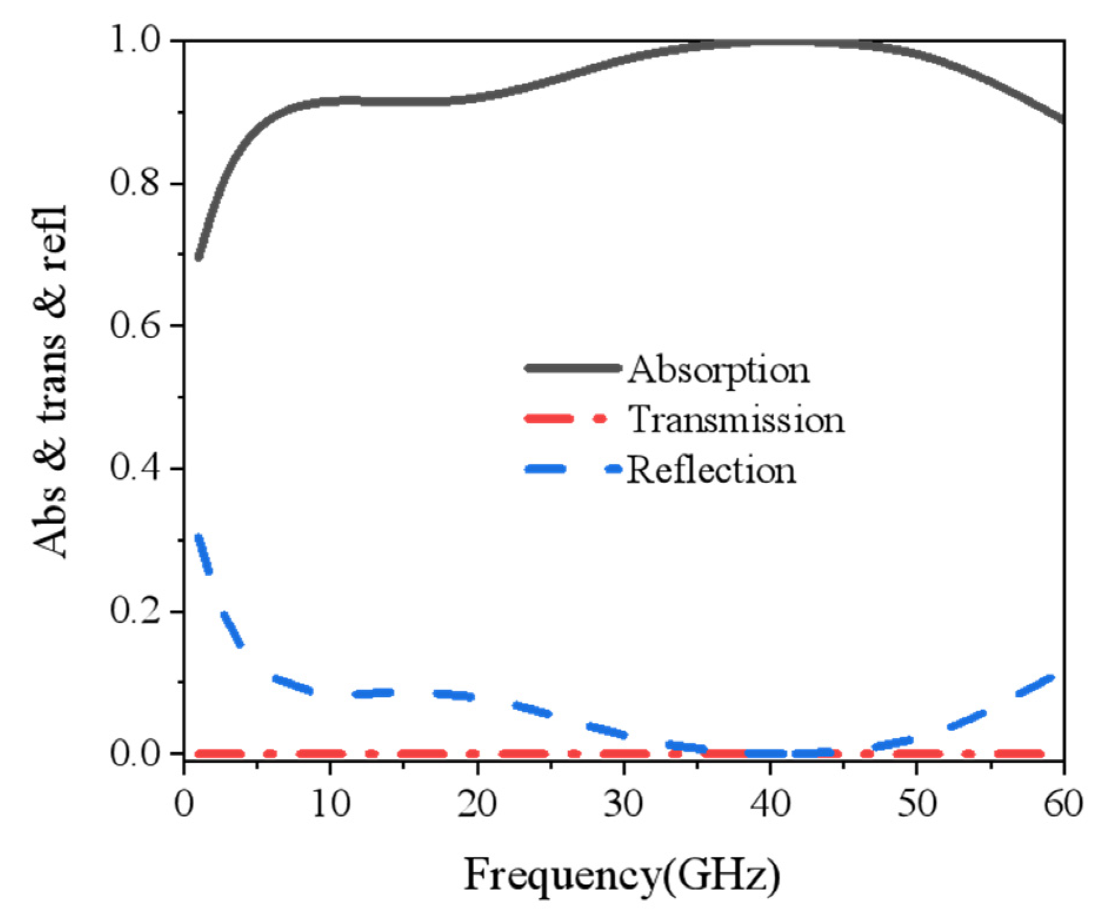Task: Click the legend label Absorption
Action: (718, 370)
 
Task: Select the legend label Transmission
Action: (736, 420)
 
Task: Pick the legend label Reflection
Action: (711, 471)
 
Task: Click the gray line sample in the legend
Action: (572, 368)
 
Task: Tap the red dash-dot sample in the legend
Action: (565, 419)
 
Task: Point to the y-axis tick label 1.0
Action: (135, 41)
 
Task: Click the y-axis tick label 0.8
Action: (135, 183)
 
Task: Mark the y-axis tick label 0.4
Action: (135, 468)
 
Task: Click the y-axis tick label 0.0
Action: (135, 753)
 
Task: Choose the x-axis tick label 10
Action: (331, 803)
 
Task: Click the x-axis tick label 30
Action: (623, 803)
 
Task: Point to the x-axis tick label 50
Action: (916, 803)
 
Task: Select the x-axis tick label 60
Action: (1062, 803)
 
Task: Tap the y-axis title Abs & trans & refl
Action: (50, 382)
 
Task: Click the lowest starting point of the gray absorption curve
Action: (199, 256)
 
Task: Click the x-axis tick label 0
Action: (184, 803)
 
